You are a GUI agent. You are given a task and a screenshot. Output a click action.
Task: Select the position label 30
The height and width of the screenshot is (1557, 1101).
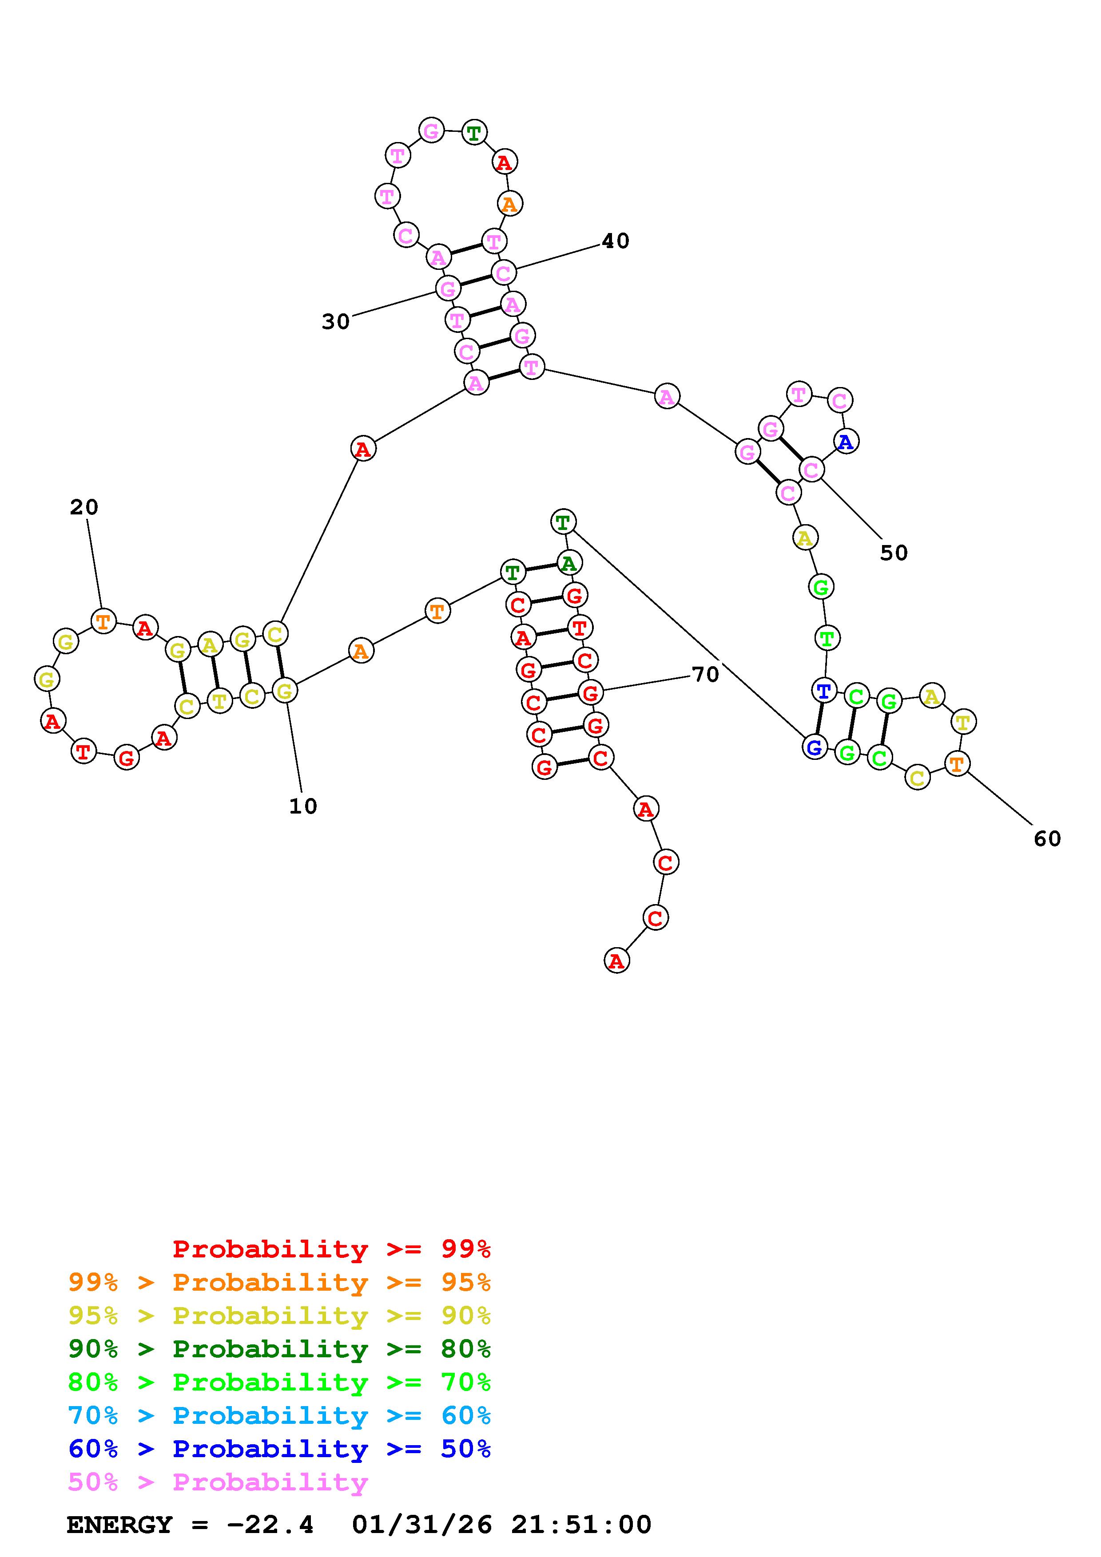(x=336, y=321)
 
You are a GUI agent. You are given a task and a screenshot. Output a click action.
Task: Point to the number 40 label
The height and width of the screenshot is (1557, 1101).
(x=615, y=241)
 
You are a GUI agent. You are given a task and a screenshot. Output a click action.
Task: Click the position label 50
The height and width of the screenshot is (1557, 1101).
(x=894, y=553)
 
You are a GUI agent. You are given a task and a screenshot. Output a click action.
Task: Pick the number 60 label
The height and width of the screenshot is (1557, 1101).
(x=1047, y=839)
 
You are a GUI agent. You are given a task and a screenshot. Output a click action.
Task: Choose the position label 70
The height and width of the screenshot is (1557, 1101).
(x=705, y=674)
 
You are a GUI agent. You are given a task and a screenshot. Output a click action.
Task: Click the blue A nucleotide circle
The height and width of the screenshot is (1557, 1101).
(x=845, y=442)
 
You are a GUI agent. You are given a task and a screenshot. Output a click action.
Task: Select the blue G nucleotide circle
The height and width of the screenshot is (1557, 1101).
(x=815, y=747)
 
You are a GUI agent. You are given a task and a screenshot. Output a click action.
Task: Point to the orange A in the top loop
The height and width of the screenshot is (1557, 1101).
(x=509, y=203)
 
